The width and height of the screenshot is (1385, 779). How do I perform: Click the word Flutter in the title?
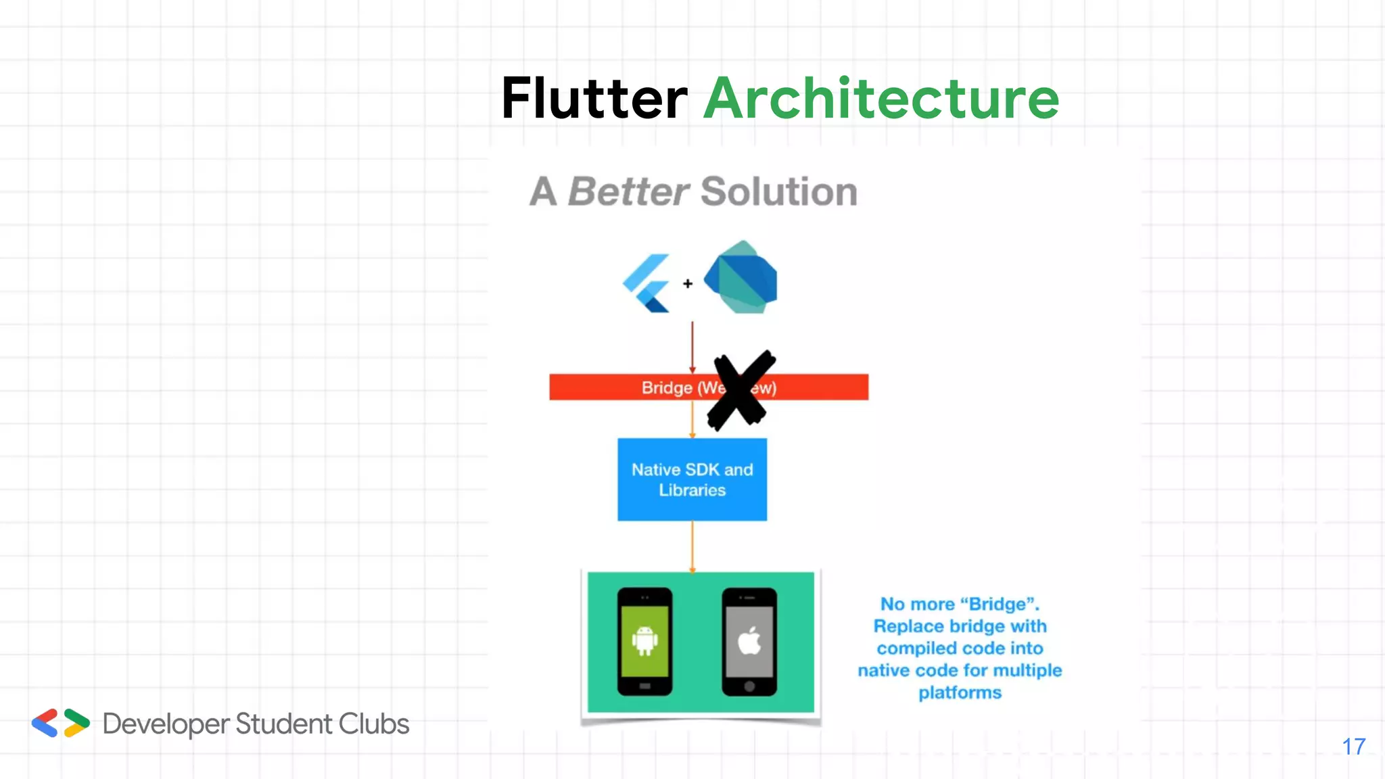(x=594, y=99)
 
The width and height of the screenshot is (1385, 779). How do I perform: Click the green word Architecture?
(x=881, y=99)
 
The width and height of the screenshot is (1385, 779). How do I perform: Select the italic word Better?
(x=628, y=192)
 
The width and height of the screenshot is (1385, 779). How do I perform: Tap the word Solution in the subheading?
(x=779, y=192)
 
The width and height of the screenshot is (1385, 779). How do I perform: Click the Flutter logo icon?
(x=647, y=283)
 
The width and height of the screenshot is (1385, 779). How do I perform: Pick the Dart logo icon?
(x=741, y=277)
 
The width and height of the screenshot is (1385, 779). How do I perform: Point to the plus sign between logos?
(x=688, y=284)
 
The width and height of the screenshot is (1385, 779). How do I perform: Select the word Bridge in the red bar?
(x=667, y=388)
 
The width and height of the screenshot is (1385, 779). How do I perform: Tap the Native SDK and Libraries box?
(x=692, y=479)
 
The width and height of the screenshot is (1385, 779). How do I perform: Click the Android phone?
(x=644, y=642)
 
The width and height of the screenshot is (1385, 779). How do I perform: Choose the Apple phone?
(x=749, y=642)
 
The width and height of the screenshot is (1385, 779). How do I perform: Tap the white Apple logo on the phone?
(x=749, y=640)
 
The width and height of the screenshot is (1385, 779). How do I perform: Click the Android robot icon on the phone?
(x=644, y=640)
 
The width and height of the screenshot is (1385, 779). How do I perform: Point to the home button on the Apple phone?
(x=749, y=686)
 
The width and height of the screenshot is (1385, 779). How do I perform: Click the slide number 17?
(x=1353, y=747)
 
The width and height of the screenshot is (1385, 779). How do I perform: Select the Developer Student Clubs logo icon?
(x=60, y=724)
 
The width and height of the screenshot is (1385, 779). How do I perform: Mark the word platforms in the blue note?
(x=960, y=693)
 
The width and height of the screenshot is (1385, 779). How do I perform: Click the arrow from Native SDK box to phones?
(x=692, y=546)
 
